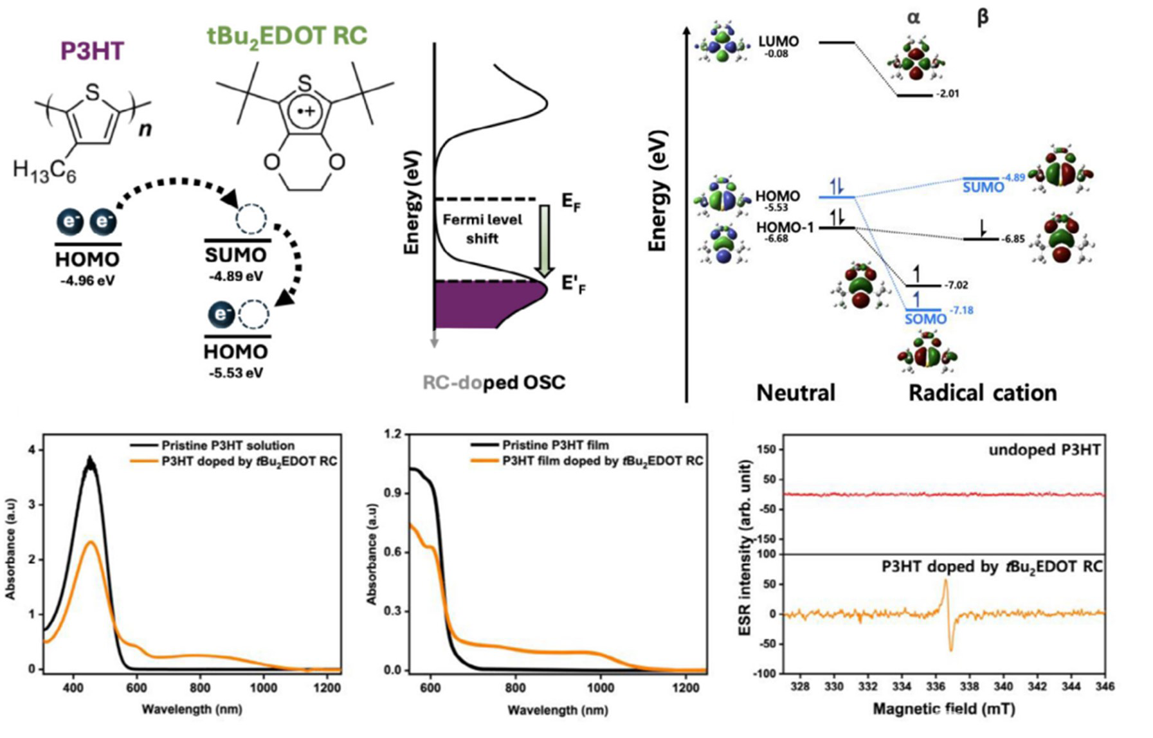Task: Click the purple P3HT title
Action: click(92, 51)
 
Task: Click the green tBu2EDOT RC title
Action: click(287, 35)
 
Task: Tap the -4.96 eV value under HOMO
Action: click(87, 280)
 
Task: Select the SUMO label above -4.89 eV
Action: click(235, 255)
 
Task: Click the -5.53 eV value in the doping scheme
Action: click(236, 373)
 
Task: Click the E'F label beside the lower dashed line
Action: click(574, 284)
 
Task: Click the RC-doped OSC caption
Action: click(494, 382)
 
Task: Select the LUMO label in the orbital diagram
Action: click(779, 41)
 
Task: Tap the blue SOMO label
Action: click(926, 319)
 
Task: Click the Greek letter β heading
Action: click(982, 18)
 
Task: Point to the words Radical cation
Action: click(983, 393)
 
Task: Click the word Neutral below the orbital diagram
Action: click(795, 393)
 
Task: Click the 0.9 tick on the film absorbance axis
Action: click(392, 493)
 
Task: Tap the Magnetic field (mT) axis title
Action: click(944, 708)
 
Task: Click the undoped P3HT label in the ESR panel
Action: click(1044, 450)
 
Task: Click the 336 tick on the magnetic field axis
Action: click(936, 687)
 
